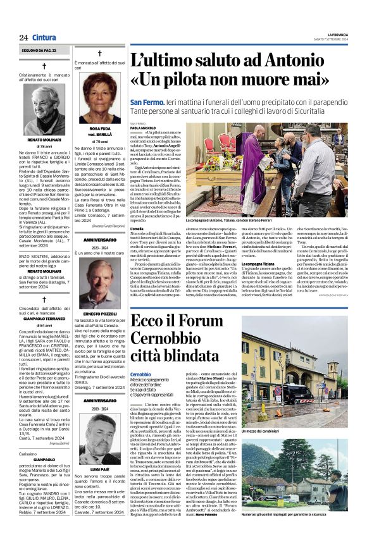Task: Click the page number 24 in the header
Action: [23, 37]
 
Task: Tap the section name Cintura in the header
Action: [43, 37]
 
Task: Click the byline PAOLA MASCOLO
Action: [143, 128]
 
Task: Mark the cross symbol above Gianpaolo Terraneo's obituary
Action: [44, 299]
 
